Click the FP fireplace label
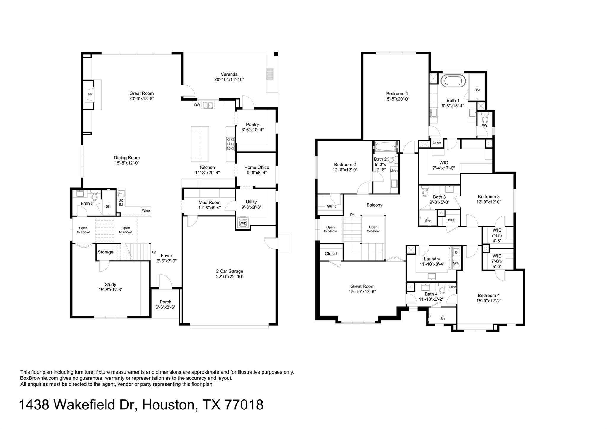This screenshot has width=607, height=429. coord(90,94)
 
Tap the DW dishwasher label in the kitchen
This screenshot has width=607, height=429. coord(197,105)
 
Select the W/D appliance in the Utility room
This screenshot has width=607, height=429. coord(243,223)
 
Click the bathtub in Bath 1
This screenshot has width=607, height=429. coord(453,81)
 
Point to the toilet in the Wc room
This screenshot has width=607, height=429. coord(485,119)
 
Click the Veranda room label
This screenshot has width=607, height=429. coord(229,74)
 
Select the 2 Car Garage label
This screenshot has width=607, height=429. coord(229,271)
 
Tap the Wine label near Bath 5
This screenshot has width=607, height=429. coord(146,210)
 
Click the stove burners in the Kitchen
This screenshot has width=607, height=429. coord(230,144)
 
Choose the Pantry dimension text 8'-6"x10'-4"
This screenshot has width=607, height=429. coord(253,130)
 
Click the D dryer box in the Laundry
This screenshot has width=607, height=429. coord(456,253)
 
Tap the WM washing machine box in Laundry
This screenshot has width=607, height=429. coord(456,263)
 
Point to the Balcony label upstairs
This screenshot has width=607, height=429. coord(374,205)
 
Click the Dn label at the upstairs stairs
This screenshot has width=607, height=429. coord(352,215)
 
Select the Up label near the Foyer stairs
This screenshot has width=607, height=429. coord(154,252)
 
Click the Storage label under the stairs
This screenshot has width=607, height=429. coord(106,252)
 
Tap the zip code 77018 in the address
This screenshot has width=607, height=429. coord(244,405)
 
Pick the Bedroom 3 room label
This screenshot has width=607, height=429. coord(488,197)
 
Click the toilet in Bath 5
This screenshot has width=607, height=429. coord(94,196)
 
